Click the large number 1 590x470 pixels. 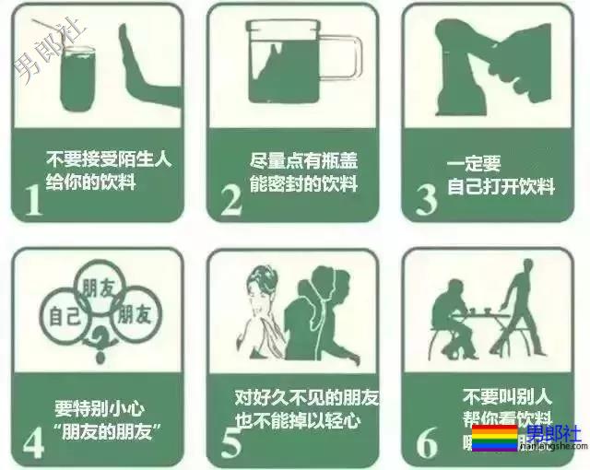point(33,200)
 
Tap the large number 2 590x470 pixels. point(230,200)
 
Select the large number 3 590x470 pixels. point(426,200)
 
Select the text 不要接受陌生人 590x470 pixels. point(109,159)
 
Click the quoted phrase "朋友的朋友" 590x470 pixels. point(108,429)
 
